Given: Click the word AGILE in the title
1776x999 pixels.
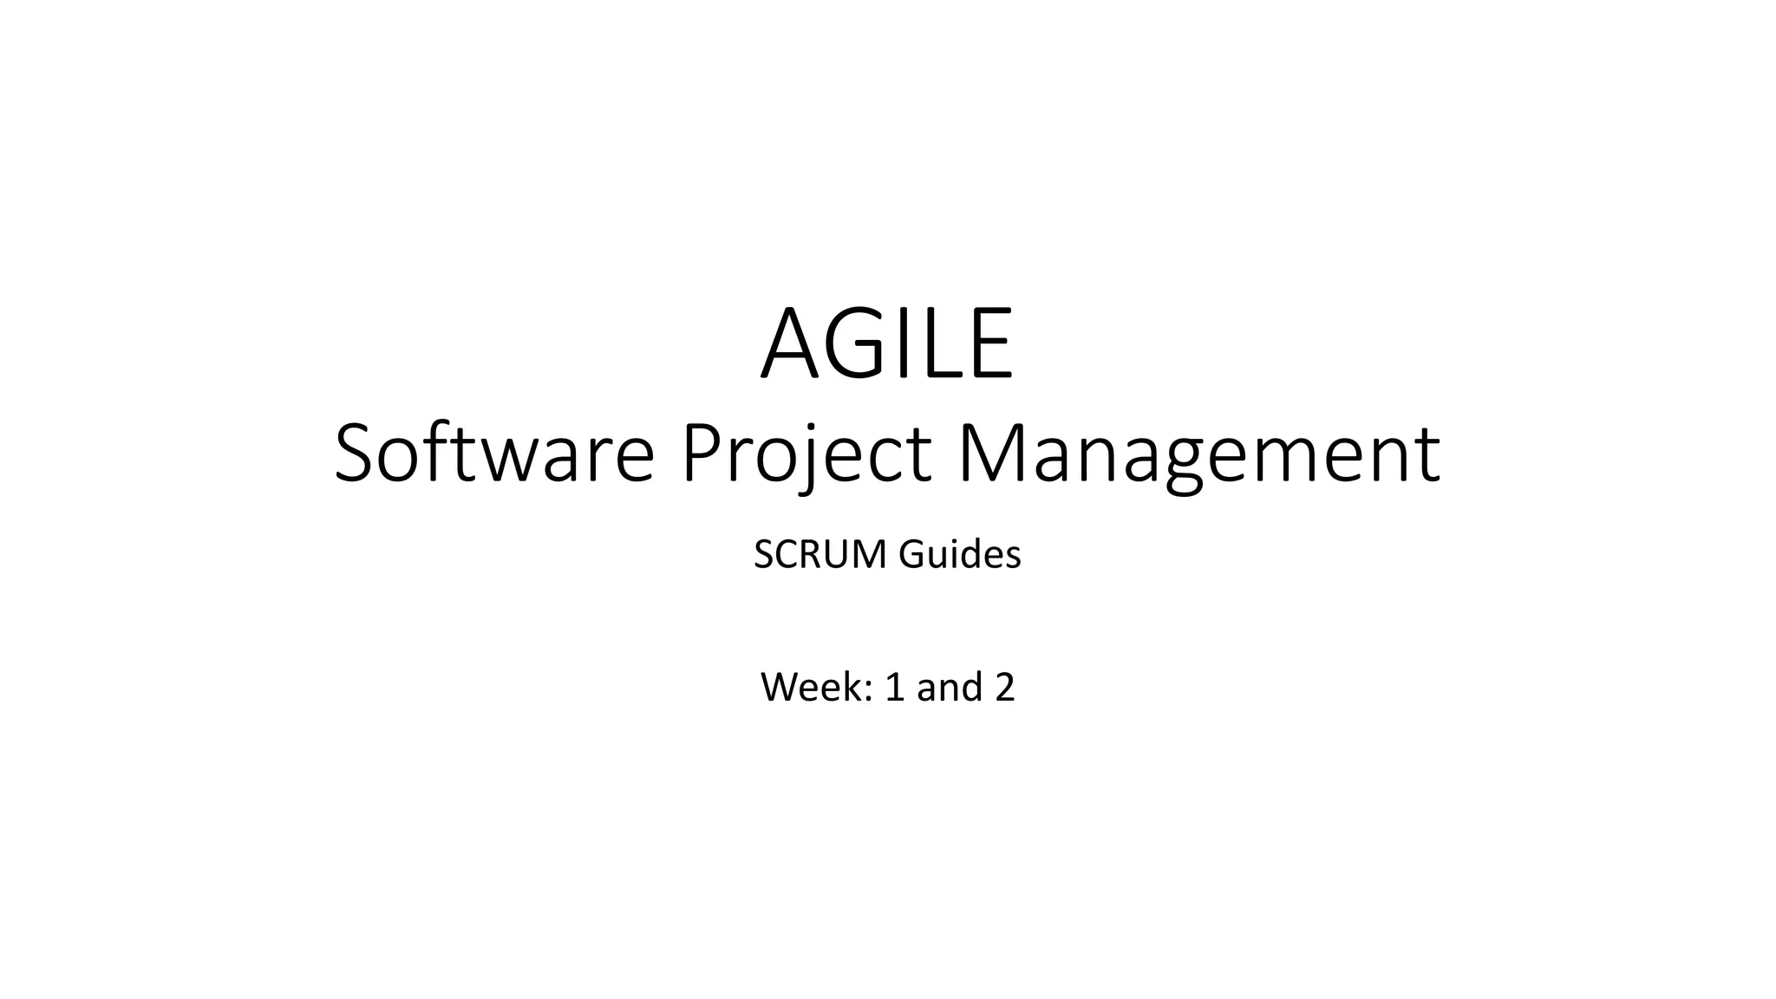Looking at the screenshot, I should point(887,344).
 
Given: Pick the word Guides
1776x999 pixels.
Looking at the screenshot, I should point(960,555).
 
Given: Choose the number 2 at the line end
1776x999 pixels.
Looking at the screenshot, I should point(1004,688).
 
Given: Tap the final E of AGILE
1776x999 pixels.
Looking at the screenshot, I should point(991,344).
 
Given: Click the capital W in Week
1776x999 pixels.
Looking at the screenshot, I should point(780,688).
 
